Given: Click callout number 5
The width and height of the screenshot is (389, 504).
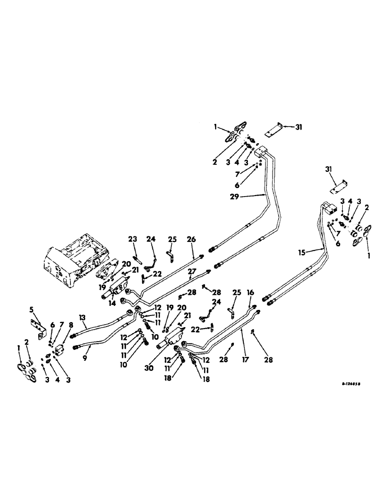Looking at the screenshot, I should [32, 309].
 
